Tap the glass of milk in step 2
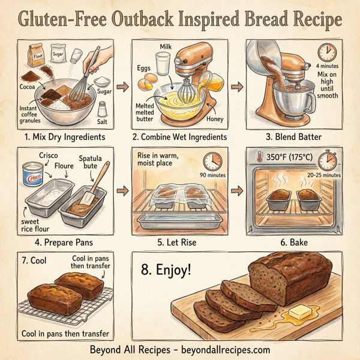(163, 63)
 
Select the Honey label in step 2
(214, 119)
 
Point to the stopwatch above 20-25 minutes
(327, 160)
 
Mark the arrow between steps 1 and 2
(122, 88)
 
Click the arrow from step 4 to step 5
(122, 192)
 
